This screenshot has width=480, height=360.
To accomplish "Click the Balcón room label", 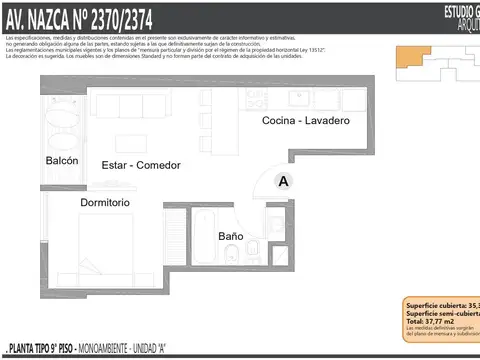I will pos(61,161).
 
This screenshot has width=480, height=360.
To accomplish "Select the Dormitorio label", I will pos(105,202).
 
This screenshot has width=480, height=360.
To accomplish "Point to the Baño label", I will pos(230,236).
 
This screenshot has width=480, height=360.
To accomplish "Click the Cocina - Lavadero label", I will pos(305,121).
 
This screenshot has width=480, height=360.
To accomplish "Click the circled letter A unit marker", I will pos(284,181).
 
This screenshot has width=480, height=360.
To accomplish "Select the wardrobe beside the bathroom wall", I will pos(175,233).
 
